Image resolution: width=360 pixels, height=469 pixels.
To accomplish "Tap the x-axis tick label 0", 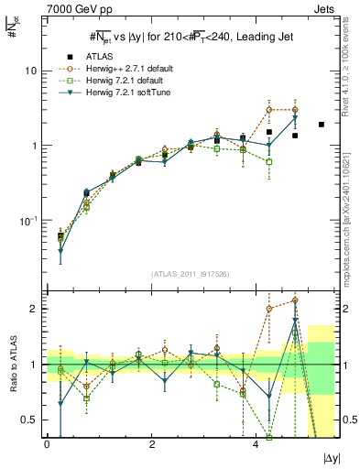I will (x=47, y=444).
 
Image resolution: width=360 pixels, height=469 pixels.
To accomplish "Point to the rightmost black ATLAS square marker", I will (x=321, y=125).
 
